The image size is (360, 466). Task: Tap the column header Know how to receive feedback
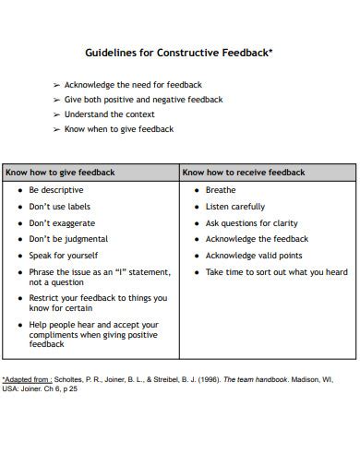pos(244,172)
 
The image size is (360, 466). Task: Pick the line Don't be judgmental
pos(69,239)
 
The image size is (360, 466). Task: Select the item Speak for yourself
pos(64,256)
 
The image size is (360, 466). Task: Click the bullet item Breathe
pos(221,190)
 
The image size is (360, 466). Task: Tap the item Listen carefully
pos(234,207)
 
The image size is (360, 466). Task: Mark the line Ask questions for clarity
pos(251,223)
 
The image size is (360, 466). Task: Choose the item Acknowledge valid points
pos(253,256)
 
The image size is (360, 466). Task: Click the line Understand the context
pos(116,114)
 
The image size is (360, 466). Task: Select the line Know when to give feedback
pos(119,129)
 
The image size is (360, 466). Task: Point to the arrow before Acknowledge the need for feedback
pos(56,85)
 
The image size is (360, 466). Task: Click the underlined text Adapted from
pos(27,379)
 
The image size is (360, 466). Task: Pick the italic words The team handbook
pos(261,379)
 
